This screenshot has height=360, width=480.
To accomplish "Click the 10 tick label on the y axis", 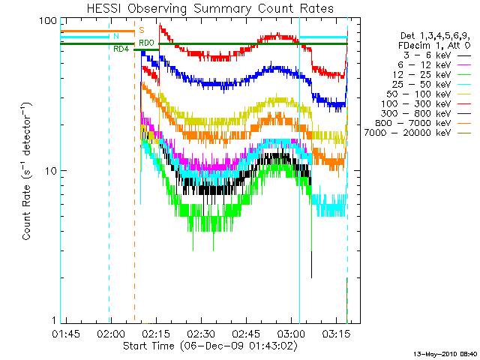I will point(50,171).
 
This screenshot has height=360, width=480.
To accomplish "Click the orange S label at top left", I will point(142,30).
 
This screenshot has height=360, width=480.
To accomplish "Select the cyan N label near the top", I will point(115,36).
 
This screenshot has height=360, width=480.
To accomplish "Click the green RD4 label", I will point(121,49).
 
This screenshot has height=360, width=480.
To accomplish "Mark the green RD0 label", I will point(147,43).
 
